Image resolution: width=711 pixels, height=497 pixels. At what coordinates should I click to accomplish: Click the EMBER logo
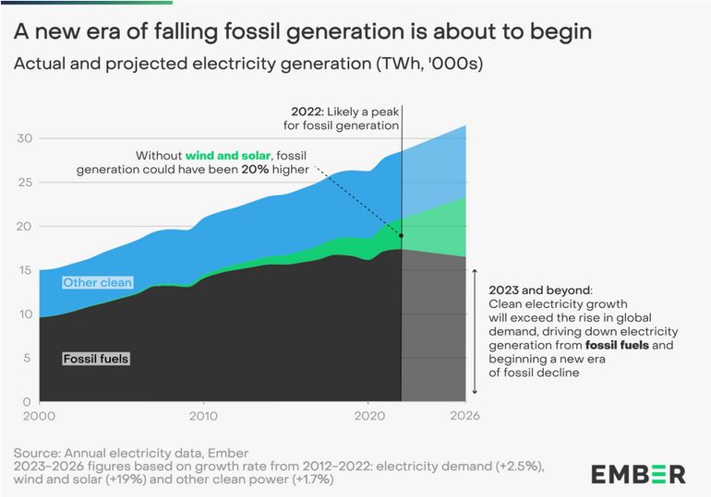pos(638,474)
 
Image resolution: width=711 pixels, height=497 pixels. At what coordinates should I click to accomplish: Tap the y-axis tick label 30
pos(26,138)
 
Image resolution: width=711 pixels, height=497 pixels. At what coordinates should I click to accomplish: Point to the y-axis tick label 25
pos(26,183)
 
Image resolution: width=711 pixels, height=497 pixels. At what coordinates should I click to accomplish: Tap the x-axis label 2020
pos(368,417)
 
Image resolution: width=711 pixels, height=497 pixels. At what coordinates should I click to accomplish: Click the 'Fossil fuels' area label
pos(96,359)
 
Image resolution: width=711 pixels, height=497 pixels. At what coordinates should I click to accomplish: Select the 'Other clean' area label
pos(97,282)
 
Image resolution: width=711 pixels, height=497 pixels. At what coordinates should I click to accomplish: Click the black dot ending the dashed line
pos(401,235)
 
